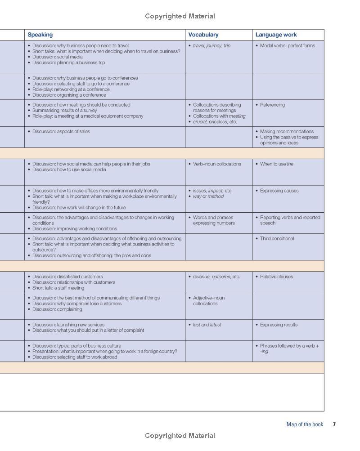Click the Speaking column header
(40, 35)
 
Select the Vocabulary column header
(203, 35)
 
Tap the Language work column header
(276, 35)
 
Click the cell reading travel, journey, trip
(211, 45)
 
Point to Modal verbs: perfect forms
(287, 45)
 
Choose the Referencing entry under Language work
(272, 105)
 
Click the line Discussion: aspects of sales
(61, 131)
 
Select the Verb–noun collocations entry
(217, 164)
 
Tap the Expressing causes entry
(279, 191)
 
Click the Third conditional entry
(277, 238)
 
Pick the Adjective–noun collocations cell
(208, 300)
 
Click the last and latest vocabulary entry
(207, 325)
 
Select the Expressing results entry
(279, 325)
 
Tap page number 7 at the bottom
(334, 424)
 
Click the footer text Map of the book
(305, 424)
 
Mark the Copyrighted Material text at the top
(180, 16)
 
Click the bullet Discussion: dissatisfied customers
(67, 277)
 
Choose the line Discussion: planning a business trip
(68, 63)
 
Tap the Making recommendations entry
(287, 131)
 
